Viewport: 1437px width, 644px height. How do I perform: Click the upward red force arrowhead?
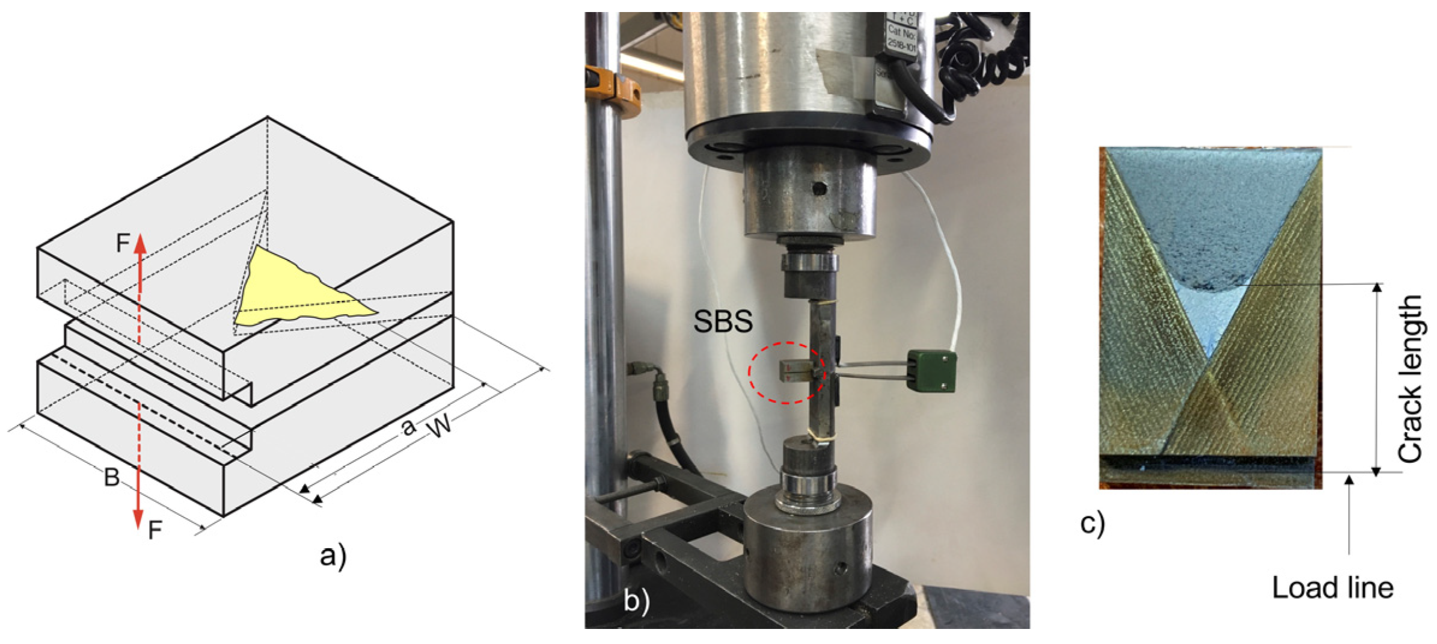click(139, 244)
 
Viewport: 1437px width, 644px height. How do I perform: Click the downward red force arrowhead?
click(138, 518)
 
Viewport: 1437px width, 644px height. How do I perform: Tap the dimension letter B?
click(112, 477)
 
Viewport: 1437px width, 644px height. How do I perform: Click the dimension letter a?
click(409, 427)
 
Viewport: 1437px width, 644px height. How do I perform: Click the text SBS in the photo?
click(722, 321)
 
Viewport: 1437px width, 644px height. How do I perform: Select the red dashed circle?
click(787, 373)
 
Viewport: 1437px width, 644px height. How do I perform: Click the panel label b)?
click(636, 601)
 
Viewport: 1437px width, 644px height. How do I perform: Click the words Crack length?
click(1409, 379)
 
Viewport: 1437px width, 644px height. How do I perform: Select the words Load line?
click(1332, 587)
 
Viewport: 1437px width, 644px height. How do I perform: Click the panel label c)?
click(1092, 522)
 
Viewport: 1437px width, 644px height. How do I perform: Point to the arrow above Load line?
click(1349, 512)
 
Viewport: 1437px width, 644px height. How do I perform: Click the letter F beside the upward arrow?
click(123, 243)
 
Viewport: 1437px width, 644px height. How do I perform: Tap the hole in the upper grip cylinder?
click(818, 188)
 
